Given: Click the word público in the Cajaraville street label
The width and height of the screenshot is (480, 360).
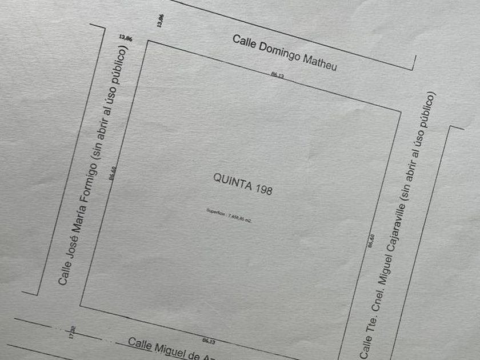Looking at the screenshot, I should [x=431, y=111].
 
